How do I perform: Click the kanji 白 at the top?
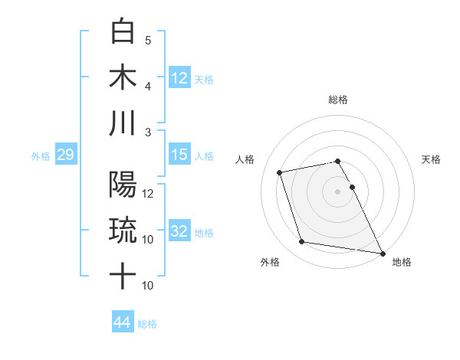[123, 31]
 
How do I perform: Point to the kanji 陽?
[123, 185]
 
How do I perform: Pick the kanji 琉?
[123, 230]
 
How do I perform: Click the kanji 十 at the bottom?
[123, 275]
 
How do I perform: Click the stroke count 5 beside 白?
[148, 40]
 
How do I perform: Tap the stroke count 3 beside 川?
[148, 131]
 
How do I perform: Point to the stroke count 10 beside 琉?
[148, 239]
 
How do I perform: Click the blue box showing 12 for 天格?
[179, 77]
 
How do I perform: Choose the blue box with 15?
[179, 155]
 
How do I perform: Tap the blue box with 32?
[179, 231]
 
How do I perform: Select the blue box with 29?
[65, 155]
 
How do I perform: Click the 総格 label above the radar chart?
[338, 100]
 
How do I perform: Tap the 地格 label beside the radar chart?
[402, 262]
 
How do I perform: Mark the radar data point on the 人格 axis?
[280, 172]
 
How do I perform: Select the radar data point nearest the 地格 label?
[382, 253]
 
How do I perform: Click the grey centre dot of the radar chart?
[338, 191]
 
